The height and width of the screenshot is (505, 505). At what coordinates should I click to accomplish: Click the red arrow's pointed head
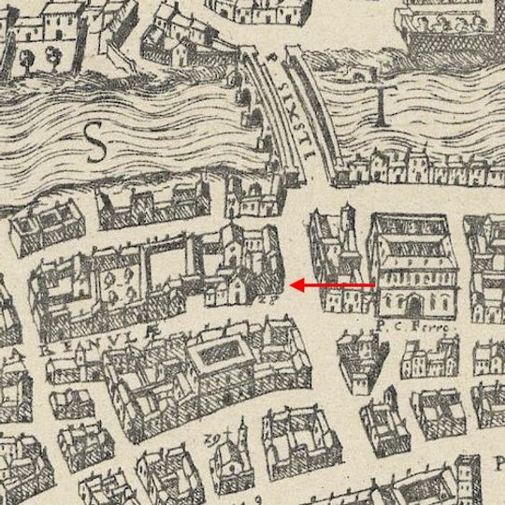point(294,284)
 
